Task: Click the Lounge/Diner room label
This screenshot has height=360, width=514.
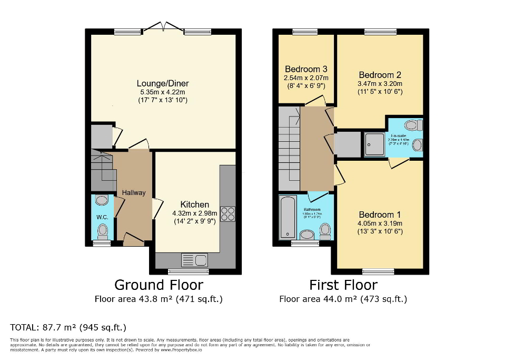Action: coord(163,83)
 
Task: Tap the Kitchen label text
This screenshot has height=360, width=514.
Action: coord(195,205)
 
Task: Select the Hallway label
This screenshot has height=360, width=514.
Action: coord(134,193)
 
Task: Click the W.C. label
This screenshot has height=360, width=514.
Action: coord(102,217)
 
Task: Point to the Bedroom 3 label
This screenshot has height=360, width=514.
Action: coord(306,69)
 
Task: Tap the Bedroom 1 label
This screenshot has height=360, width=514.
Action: coord(380,215)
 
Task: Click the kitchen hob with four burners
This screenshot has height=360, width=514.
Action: coord(228,213)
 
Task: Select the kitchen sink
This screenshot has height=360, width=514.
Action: coord(195,260)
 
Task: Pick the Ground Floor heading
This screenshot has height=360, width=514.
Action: coord(159,285)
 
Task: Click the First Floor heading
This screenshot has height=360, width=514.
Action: coord(343,285)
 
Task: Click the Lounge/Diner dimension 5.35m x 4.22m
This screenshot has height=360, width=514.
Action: coord(163,92)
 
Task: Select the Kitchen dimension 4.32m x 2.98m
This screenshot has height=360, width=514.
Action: coord(195,213)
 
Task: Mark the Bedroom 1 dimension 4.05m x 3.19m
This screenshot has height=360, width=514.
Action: coord(380,223)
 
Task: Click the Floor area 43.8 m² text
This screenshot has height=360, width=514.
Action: coord(159,299)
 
